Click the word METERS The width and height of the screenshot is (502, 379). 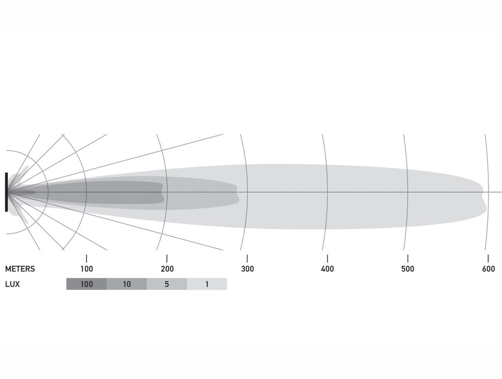pos(20,269)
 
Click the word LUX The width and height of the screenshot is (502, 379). pos(13,284)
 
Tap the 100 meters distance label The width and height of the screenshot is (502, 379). pos(87,269)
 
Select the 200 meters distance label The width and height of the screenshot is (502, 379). pos(167,269)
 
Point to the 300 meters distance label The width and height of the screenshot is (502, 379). pos(248,269)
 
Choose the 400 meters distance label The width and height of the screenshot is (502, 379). pos(328,269)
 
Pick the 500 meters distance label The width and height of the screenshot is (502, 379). pos(408,269)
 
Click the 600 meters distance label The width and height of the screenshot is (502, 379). pos(488,269)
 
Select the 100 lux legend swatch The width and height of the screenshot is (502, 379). pos(87,284)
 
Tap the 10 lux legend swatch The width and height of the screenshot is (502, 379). pos(127,284)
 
